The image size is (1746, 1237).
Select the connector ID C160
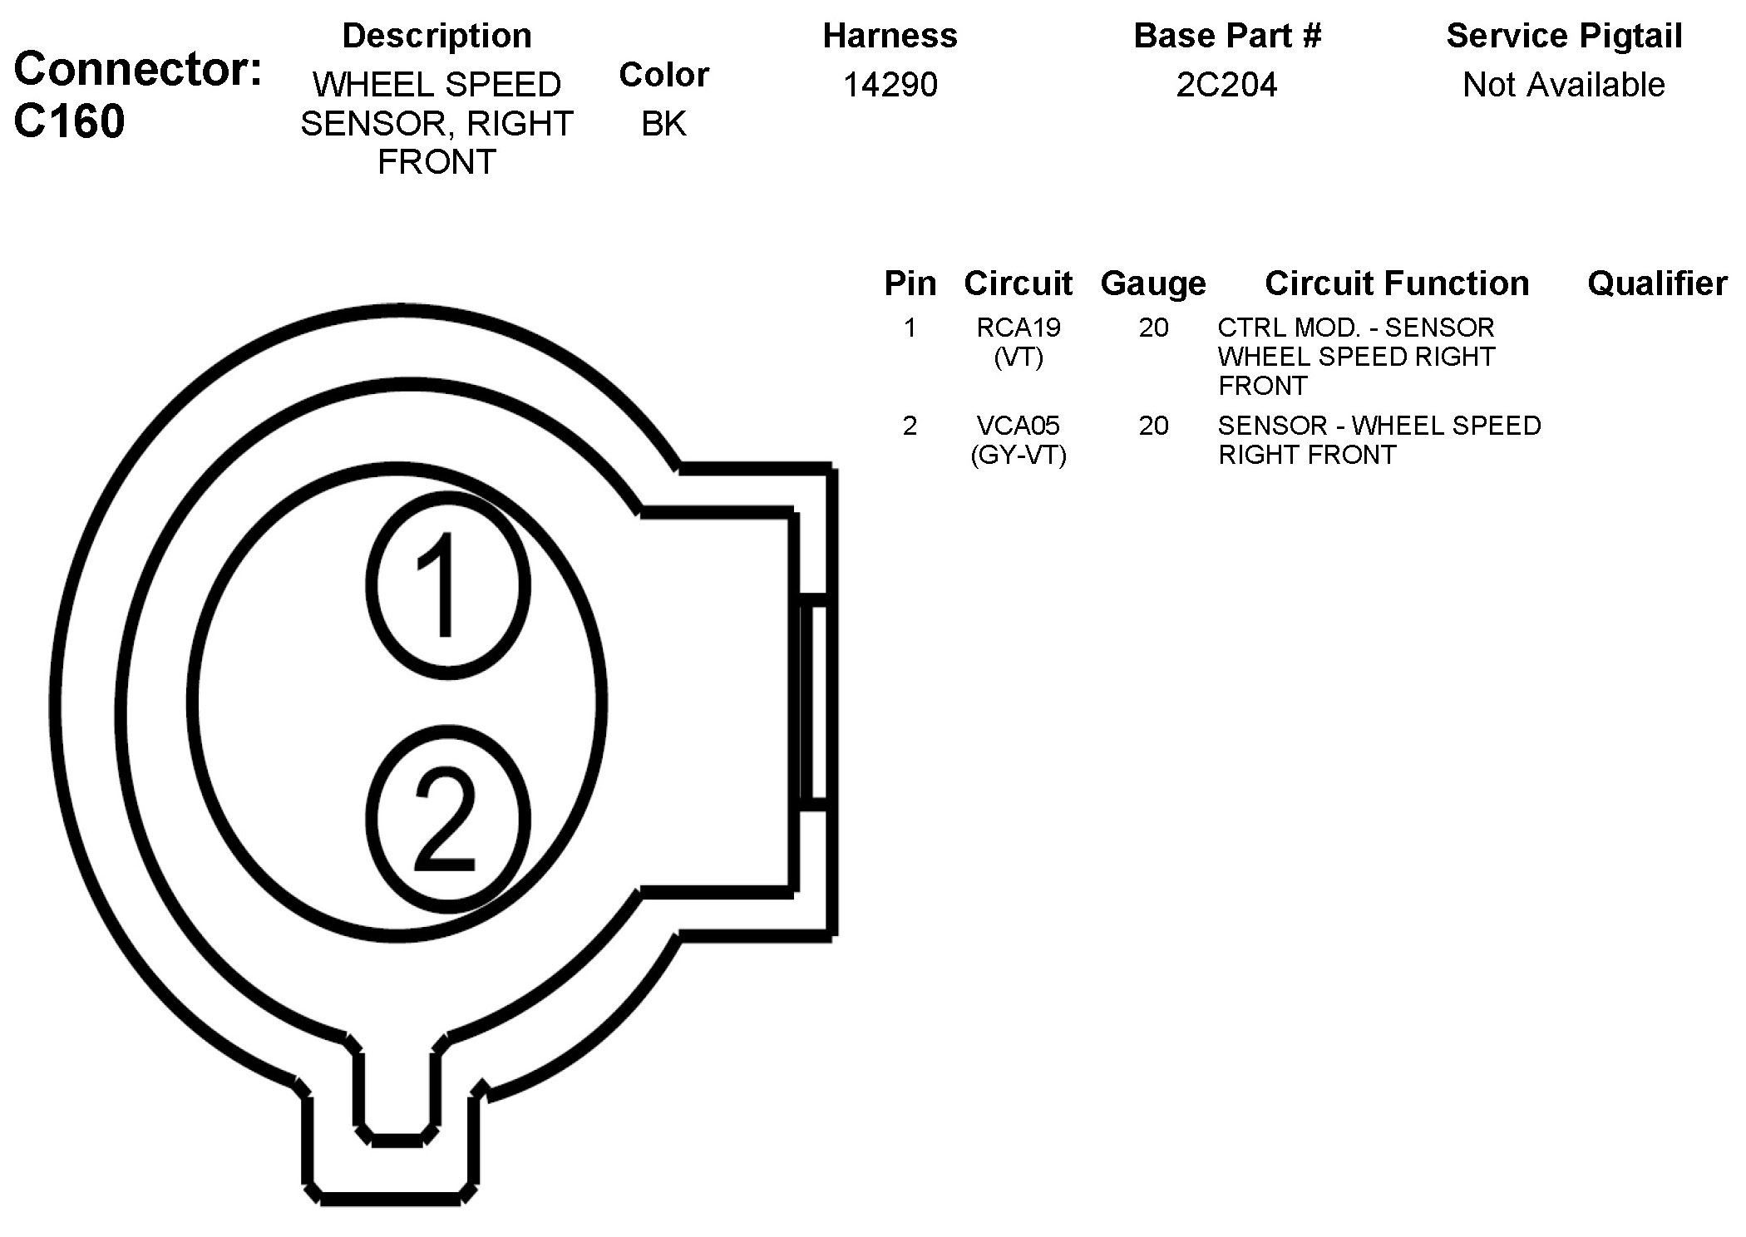point(70,121)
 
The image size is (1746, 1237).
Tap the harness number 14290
point(890,85)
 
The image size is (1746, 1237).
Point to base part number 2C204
point(1226,85)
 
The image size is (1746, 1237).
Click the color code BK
point(663,124)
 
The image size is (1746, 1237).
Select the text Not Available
point(1564,85)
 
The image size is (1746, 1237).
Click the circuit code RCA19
point(1018,328)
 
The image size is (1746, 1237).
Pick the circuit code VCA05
point(1018,426)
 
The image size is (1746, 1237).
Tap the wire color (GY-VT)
point(1018,455)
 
